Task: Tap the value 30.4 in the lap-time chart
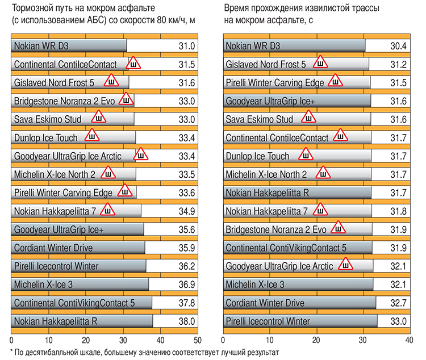[398, 46]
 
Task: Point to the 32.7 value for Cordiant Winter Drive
[398, 303]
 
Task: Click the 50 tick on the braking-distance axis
[197, 341]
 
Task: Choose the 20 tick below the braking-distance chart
[86, 341]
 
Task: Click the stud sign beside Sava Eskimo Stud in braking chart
[99, 118]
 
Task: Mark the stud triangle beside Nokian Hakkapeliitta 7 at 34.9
[107, 210]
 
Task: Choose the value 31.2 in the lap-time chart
[398, 64]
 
